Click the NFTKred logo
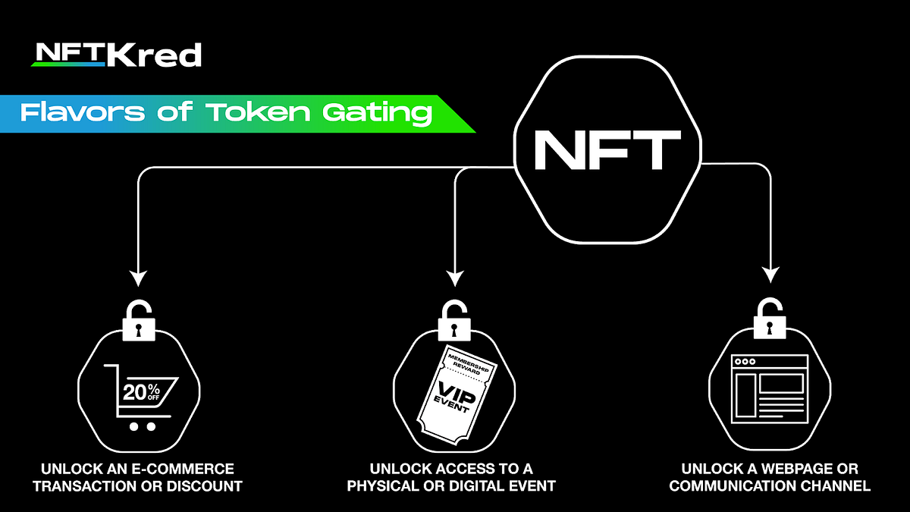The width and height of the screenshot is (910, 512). pyautogui.click(x=116, y=55)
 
